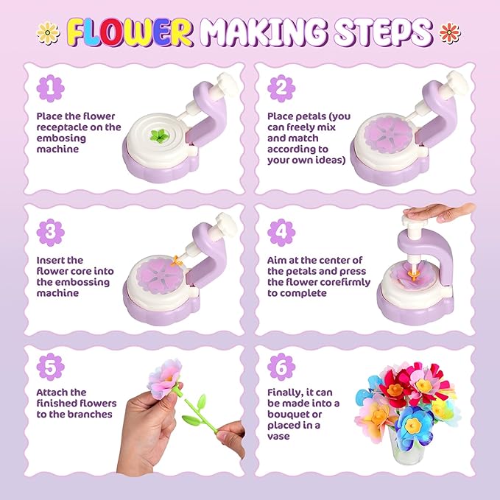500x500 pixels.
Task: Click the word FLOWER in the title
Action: [132, 32]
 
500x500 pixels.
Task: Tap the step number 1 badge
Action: [51, 89]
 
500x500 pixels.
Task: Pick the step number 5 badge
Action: [51, 365]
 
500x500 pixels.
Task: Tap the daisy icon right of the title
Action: [448, 32]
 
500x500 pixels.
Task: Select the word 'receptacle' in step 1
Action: [62, 127]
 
